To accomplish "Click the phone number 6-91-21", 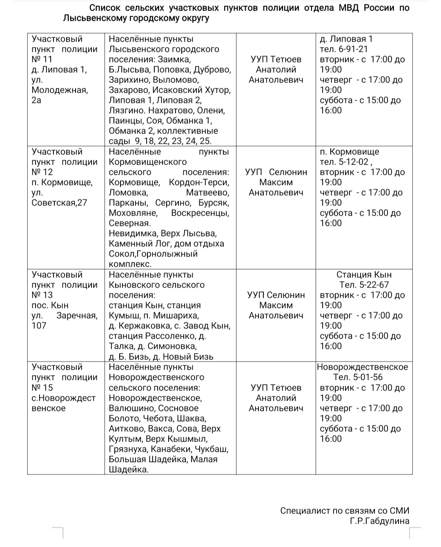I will pos(352,49).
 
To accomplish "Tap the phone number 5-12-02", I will pos(354,162).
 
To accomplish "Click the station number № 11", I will pos(42,59).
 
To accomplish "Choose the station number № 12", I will pos(42,172).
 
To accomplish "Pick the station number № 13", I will pos(42,295).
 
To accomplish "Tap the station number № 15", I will pos(42,388).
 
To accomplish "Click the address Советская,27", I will pos(59,203).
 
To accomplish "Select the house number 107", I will pos(39,326).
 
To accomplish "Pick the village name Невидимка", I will pos(133,234).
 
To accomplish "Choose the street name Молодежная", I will pos(60,90).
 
